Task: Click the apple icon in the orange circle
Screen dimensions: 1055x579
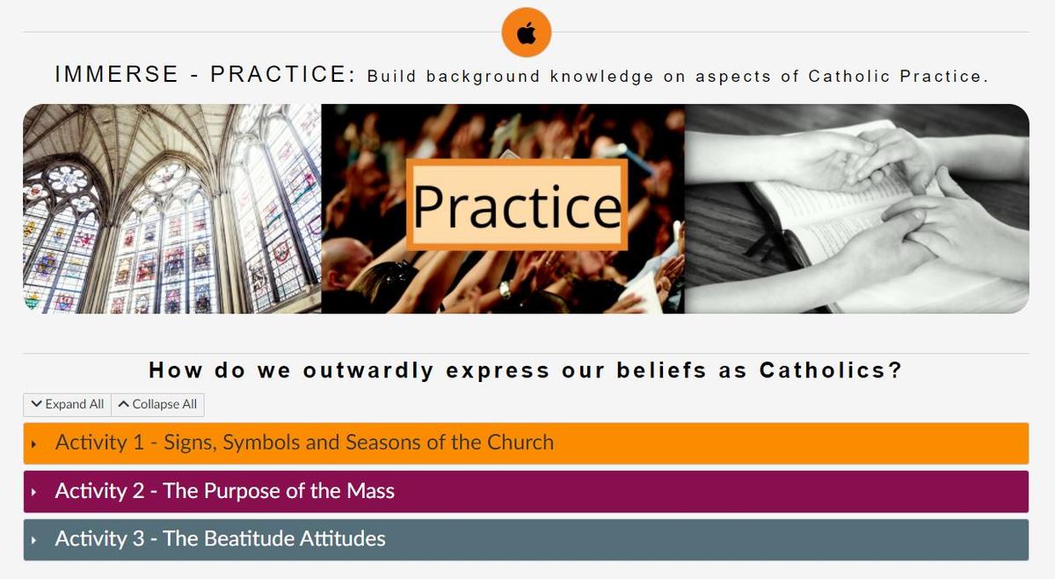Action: point(526,33)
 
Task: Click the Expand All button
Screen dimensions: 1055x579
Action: point(68,405)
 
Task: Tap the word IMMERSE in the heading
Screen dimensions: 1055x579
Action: point(117,75)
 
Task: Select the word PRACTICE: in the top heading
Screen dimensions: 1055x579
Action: point(283,75)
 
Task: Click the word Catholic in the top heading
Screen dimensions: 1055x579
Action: point(849,76)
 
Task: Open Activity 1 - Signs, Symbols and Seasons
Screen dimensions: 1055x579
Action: point(304,443)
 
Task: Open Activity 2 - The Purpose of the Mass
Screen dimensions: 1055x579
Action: point(225,491)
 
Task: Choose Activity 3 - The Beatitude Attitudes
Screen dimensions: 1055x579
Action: point(220,539)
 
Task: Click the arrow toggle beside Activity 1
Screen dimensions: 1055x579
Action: point(34,443)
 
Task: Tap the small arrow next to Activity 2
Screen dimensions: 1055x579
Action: point(34,492)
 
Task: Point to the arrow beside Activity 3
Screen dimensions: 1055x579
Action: point(34,540)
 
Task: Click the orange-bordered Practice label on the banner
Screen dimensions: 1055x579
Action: point(517,205)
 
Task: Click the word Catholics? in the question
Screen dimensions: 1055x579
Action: point(830,370)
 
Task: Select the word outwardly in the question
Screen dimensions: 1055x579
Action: point(368,370)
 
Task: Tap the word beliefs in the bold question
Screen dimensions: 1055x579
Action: point(662,370)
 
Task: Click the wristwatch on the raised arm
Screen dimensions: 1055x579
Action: point(505,289)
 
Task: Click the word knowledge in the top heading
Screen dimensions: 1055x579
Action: point(602,77)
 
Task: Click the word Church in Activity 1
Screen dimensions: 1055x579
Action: point(520,443)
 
